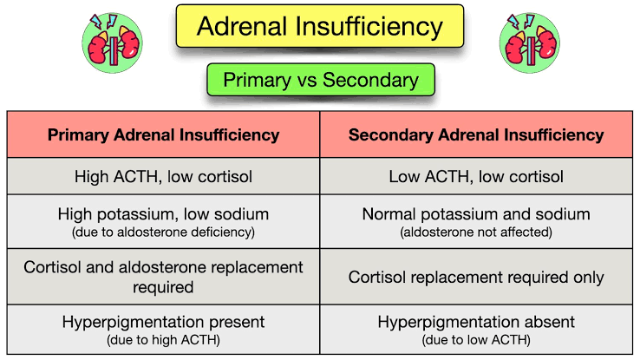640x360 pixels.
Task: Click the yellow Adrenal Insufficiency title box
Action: [x=320, y=26]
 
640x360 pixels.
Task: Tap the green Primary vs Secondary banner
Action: [x=321, y=80]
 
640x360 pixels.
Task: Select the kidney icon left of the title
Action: [x=112, y=43]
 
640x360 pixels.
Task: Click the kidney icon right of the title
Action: [x=530, y=43]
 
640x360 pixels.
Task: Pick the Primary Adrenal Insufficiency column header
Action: [x=163, y=134]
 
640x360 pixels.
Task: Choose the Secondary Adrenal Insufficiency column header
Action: [x=476, y=134]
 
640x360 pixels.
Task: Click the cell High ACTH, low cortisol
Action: [x=163, y=176]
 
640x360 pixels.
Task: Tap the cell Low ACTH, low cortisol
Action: [x=476, y=176]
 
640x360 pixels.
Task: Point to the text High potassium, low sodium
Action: [x=163, y=214]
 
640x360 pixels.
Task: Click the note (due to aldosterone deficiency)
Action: [x=163, y=232]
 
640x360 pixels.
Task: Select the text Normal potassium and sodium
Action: [x=476, y=214]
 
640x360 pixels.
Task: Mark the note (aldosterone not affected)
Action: [x=476, y=232]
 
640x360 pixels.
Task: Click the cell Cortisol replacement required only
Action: [x=476, y=277]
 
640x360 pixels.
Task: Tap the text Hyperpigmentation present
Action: [x=163, y=322]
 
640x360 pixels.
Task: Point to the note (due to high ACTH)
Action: [x=163, y=339]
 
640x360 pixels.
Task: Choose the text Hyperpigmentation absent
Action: [x=476, y=322]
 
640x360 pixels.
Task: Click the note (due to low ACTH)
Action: [x=476, y=339]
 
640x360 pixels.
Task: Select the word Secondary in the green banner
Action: [x=370, y=80]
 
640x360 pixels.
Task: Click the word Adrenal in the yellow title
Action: [x=243, y=26]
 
